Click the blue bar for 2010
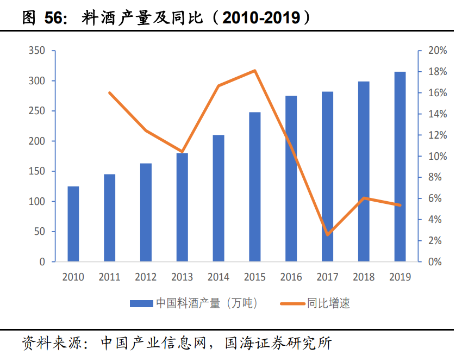point(73,224)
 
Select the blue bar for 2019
point(399,167)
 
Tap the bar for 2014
point(218,198)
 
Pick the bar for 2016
point(291,179)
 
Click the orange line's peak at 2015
point(255,71)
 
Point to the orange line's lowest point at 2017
point(327,235)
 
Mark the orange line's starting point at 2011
point(109,93)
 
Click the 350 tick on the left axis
point(42,51)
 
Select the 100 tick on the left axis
point(42,202)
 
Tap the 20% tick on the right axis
point(438,51)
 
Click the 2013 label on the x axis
point(182,277)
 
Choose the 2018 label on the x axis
point(363,277)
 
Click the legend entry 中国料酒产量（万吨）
point(207,303)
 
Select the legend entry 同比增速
point(328,303)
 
